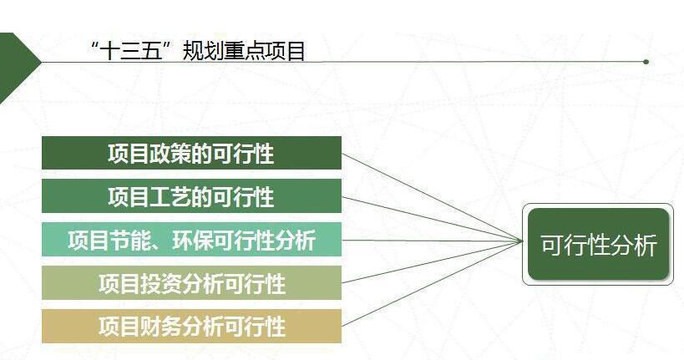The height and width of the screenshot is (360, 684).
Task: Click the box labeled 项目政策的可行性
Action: pos(191,153)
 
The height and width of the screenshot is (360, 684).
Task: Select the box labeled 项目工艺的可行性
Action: pos(191,196)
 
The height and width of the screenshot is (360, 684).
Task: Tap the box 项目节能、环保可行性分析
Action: pos(191,240)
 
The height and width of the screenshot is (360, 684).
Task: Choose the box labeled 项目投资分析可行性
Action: pos(191,283)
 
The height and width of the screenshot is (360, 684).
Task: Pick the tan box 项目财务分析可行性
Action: pos(191,326)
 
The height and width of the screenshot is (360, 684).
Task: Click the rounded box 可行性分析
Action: pos(598,245)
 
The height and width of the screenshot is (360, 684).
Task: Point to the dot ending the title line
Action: pos(646,62)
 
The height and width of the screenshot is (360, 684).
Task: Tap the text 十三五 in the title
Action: pos(131,52)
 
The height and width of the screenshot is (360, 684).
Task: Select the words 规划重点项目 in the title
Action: pos(243,52)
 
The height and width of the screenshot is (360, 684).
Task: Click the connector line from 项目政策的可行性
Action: pos(432,197)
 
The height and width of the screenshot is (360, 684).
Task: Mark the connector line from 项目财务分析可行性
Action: pos(432,284)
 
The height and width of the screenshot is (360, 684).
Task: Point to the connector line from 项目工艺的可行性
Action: pos(432,219)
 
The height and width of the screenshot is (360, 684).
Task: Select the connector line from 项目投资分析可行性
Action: pos(432,261)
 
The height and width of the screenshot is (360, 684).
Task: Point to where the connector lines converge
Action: pos(522,241)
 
